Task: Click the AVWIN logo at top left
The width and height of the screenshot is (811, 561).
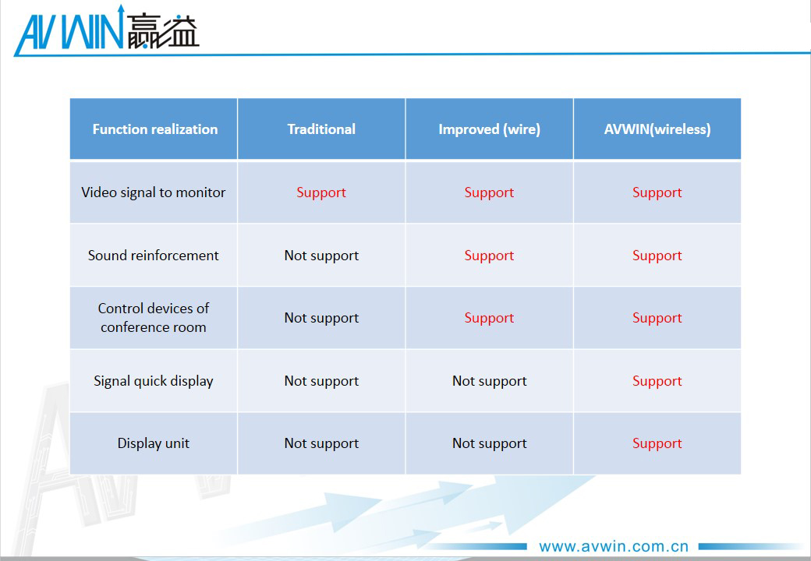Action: tap(107, 30)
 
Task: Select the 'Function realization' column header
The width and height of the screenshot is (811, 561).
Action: tap(154, 129)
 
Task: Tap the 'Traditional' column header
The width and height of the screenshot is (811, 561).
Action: tap(321, 129)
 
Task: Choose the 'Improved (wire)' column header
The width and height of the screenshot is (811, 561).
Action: tap(489, 129)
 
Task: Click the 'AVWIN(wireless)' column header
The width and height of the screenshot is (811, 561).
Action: tap(657, 129)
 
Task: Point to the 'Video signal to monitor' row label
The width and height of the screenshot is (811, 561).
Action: tap(153, 192)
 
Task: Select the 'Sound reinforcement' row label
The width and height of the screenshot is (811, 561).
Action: tap(153, 256)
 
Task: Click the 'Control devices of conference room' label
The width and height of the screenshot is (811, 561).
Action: tap(153, 318)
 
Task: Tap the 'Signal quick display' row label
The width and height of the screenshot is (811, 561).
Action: tap(153, 381)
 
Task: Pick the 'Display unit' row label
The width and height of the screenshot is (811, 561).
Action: tap(153, 443)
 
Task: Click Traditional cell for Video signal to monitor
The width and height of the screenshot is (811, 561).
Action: tap(321, 192)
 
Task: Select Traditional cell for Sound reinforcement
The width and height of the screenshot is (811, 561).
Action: tap(321, 256)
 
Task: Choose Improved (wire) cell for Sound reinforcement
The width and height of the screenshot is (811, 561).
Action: tap(489, 256)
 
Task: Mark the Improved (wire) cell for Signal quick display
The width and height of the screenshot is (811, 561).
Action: tap(489, 381)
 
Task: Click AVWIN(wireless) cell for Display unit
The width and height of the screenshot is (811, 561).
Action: tap(657, 444)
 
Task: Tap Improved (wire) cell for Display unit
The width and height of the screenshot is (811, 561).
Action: tap(489, 444)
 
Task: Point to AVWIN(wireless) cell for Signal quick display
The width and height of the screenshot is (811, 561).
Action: tap(657, 381)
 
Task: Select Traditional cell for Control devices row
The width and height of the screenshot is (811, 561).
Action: tap(321, 318)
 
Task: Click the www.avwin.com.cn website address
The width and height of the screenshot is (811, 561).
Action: tap(614, 546)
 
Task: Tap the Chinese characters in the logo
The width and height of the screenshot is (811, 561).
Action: tap(163, 32)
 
